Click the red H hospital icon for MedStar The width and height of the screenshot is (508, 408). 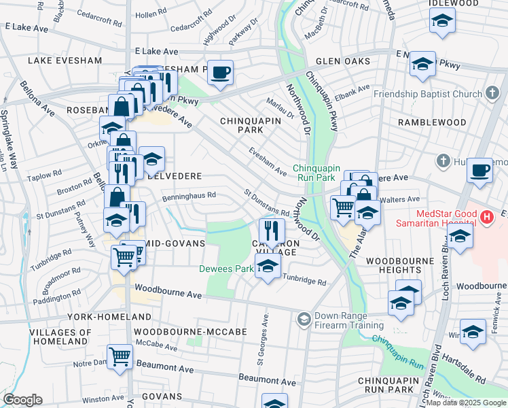click(486, 218)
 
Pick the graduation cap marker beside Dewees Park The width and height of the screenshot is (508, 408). click(268, 267)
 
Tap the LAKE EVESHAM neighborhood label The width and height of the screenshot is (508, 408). click(65, 61)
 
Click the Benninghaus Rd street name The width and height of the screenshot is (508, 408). click(189, 196)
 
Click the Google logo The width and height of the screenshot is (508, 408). click(22, 400)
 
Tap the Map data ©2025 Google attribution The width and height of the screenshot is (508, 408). click(466, 403)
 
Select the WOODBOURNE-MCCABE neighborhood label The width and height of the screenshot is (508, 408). click(181, 331)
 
